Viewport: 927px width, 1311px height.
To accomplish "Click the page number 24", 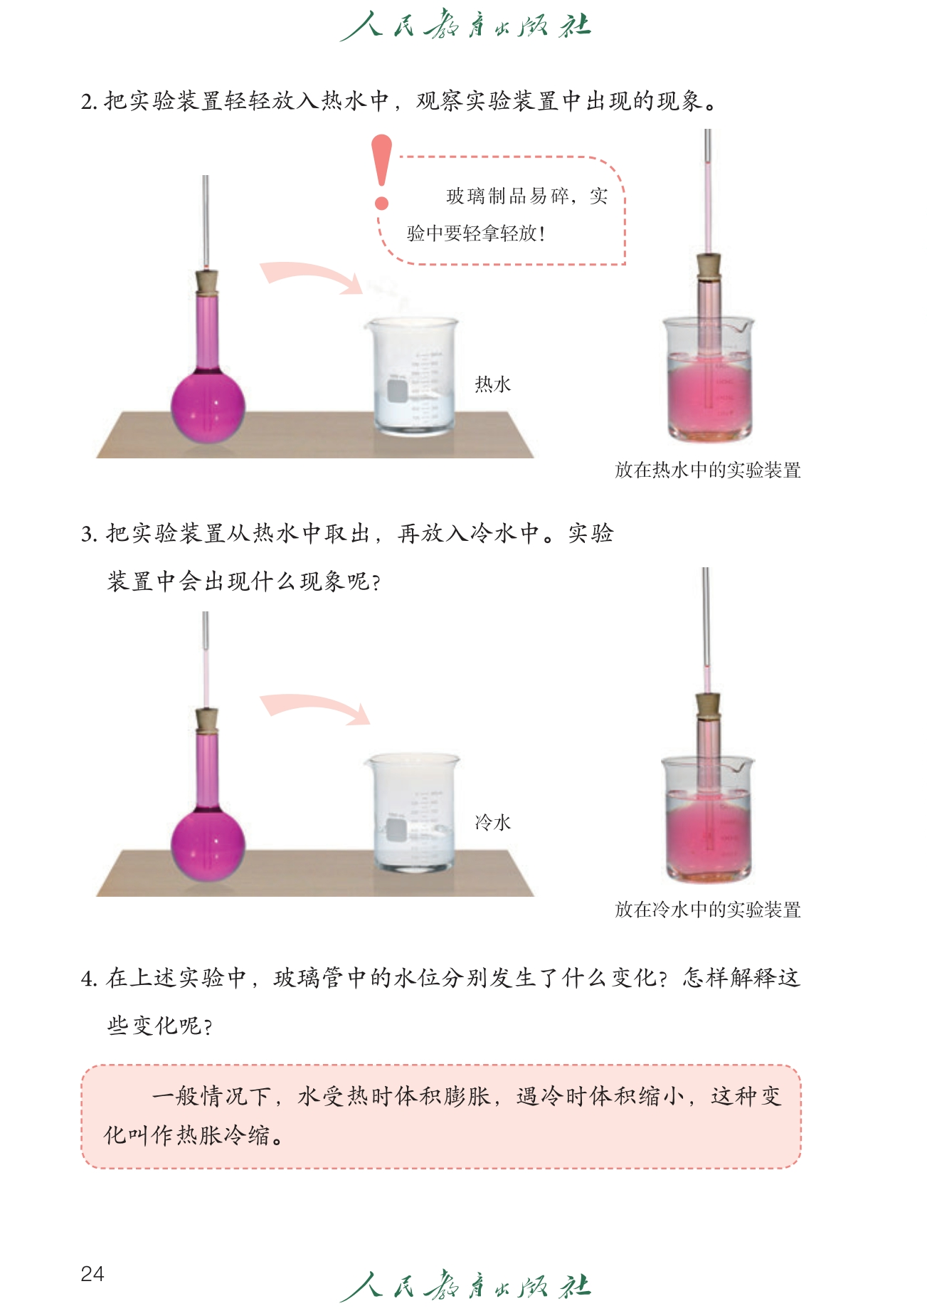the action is [x=92, y=1273].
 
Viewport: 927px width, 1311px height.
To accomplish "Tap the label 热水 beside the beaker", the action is [x=493, y=384].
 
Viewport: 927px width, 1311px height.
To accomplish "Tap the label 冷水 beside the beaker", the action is [x=493, y=823].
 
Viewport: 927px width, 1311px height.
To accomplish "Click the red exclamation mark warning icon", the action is [x=382, y=172].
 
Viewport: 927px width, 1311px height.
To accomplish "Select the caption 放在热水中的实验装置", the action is [x=708, y=470].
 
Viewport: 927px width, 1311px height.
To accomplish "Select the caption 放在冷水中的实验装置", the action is [x=708, y=909].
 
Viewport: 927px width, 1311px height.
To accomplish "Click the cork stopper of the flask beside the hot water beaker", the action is [x=207, y=283].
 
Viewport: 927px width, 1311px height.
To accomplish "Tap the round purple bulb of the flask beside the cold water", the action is [x=208, y=846].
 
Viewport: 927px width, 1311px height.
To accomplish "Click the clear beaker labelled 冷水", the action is [x=412, y=814].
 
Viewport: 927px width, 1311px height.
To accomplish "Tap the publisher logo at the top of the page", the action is [x=465, y=26].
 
